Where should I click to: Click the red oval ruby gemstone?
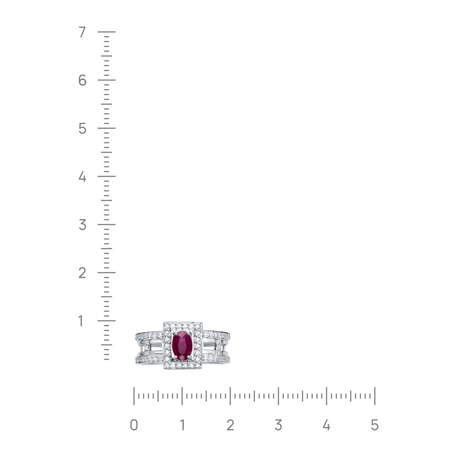182,345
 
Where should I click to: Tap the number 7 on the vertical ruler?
82,32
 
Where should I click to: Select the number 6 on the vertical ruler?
82,80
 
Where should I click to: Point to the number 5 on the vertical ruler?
82,128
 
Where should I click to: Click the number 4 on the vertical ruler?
82,176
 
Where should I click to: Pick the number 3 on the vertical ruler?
82,224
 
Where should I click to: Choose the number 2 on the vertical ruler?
82,273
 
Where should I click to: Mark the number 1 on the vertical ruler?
81,321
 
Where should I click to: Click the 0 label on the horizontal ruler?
134,425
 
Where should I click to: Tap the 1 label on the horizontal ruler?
182,425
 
